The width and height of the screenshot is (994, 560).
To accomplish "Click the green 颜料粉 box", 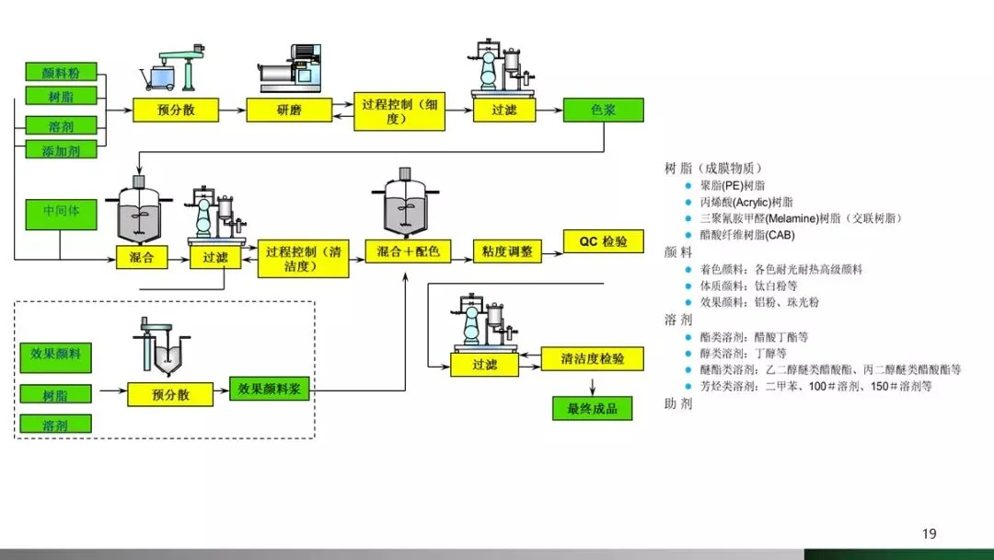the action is click(61, 72).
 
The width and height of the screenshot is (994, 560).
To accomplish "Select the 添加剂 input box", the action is click(61, 150).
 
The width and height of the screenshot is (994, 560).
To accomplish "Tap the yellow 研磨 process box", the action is click(289, 110).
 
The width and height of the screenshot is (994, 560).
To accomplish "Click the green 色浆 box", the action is click(603, 110).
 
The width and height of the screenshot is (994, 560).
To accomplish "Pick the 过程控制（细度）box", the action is click(399, 111).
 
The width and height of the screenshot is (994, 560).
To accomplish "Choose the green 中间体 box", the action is click(61, 214).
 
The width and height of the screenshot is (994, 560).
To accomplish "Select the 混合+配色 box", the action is click(408, 251).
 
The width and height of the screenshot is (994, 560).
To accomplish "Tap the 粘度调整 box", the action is click(507, 251).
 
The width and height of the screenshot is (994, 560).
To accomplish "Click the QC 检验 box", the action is click(603, 241).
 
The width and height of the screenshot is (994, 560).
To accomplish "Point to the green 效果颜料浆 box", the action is click(270, 388).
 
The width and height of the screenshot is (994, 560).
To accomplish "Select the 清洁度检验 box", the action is click(592, 358).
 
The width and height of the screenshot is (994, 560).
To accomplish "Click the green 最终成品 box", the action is click(592, 408).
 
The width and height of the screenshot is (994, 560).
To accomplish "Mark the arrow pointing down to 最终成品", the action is click(592, 387).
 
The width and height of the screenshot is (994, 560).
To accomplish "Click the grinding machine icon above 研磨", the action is click(290, 68).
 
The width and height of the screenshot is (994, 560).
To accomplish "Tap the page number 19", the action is click(930, 534).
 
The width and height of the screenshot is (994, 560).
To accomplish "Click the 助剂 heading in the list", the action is click(678, 404).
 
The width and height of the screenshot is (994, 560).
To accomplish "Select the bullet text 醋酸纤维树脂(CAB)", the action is click(747, 235).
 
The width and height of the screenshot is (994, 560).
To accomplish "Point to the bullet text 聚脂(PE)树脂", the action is click(733, 185).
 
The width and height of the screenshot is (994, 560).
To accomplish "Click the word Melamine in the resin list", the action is click(792, 218).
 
